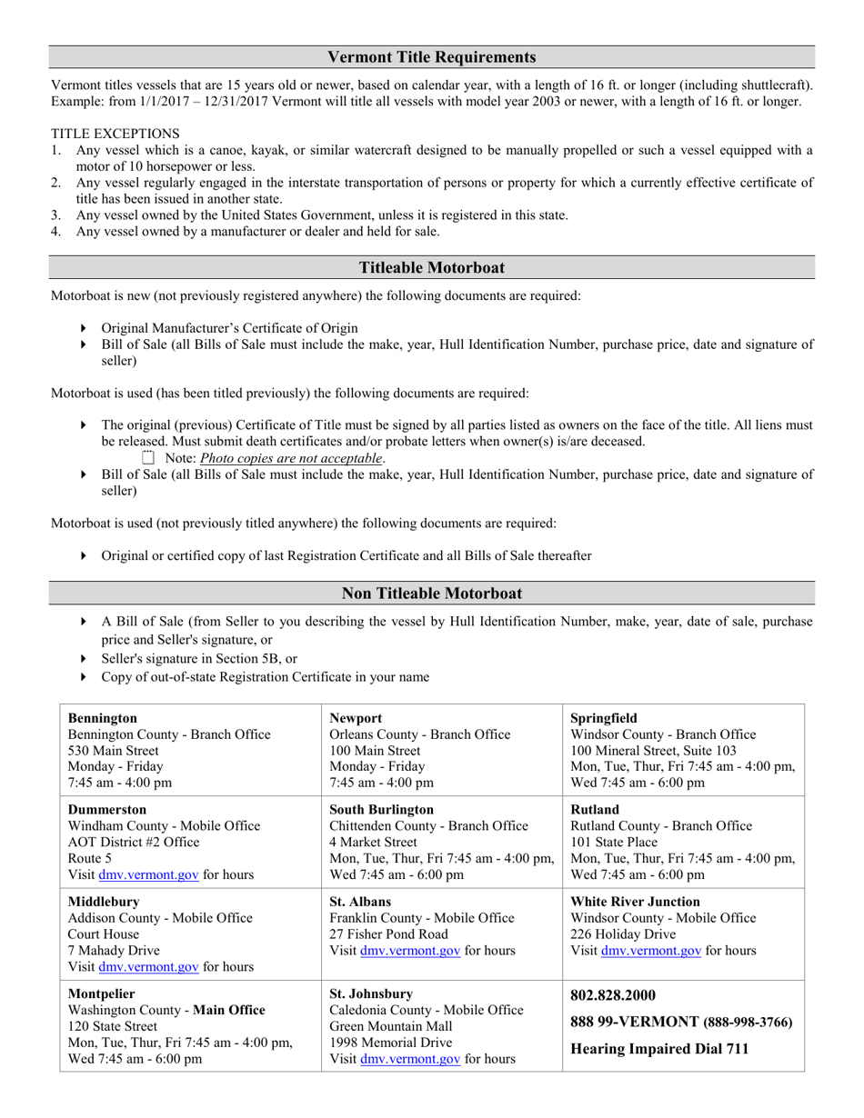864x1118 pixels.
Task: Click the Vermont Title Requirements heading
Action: coord(431,57)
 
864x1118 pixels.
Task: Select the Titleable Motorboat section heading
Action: coord(431,267)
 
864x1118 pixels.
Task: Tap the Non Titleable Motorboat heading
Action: coord(431,594)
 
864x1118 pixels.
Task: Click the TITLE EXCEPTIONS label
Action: coord(115,134)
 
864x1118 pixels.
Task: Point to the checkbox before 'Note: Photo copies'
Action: coord(149,458)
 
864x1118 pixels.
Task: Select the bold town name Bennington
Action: coord(103,718)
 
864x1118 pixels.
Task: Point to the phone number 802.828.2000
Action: coord(612,995)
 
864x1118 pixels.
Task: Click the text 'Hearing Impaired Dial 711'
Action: coord(659,1049)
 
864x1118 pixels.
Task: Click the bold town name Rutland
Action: coord(595,809)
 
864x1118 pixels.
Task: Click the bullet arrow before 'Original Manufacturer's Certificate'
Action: coord(84,328)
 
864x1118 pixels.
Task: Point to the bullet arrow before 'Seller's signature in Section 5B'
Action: coord(84,659)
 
